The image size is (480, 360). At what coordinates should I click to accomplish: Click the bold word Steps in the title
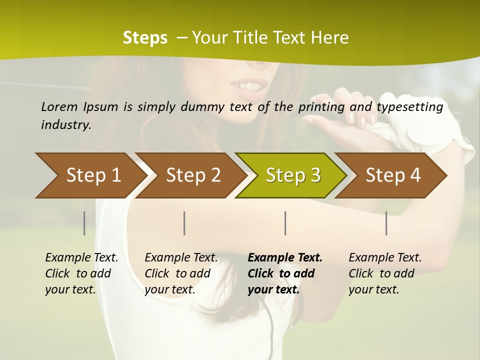tap(145, 38)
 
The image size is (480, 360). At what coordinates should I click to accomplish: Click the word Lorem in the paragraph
tap(59, 106)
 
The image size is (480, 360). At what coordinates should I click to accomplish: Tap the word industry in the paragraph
tap(65, 125)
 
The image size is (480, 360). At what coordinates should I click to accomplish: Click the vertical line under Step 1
tap(84, 223)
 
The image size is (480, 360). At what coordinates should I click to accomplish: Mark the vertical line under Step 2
tap(184, 223)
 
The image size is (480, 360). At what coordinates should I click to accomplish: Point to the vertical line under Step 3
tap(285, 223)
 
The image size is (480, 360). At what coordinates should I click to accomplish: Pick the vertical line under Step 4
tap(386, 223)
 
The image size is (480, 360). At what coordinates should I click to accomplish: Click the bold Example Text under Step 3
tap(285, 258)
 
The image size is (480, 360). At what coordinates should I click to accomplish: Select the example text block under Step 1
tap(81, 273)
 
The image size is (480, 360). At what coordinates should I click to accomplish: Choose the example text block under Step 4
tap(385, 273)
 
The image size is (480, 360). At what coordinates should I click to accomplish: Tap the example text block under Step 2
tap(181, 273)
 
